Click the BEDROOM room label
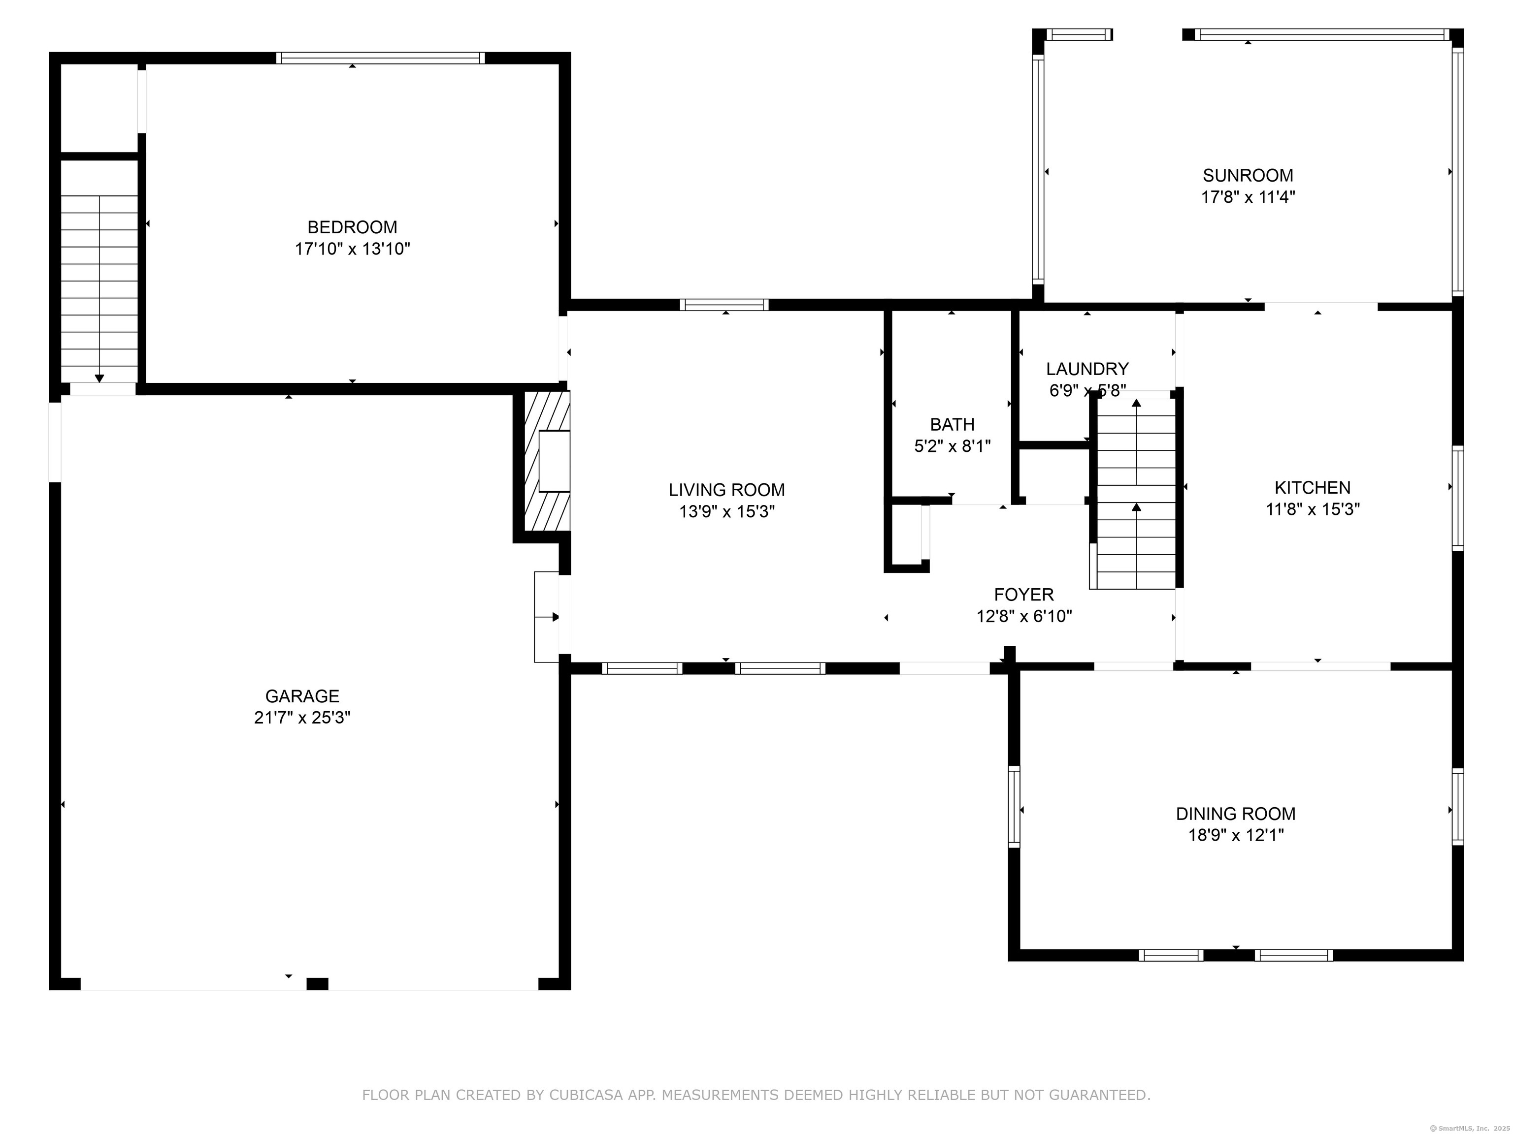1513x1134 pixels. tap(352, 227)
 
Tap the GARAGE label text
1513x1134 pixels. tap(302, 696)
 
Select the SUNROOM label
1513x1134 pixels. tap(1249, 175)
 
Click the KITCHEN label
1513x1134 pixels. tap(1313, 487)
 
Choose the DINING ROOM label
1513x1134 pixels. tap(1235, 814)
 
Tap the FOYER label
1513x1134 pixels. tap(1024, 594)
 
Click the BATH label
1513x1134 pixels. tap(952, 424)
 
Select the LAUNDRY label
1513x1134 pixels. tap(1087, 369)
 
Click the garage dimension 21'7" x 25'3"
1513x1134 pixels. tap(302, 718)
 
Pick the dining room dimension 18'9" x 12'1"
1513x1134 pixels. tap(1235, 835)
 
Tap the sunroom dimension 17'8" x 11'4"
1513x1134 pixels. tap(1249, 197)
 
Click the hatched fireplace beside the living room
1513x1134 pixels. tap(547, 461)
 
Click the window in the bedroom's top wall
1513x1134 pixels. tap(380, 58)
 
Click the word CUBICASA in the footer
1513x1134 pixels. tap(586, 1095)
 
